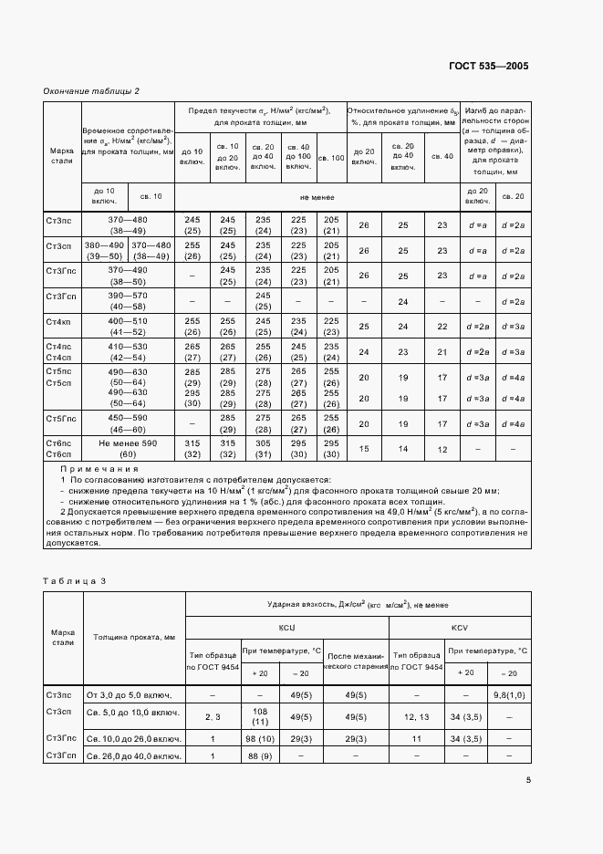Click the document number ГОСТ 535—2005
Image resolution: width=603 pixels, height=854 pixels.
point(489,67)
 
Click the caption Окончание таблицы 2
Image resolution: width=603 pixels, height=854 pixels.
point(91,91)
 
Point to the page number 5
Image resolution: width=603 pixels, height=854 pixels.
point(528,779)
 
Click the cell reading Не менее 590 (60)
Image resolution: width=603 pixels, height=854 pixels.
point(128,448)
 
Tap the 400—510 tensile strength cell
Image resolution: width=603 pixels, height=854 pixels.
point(128,326)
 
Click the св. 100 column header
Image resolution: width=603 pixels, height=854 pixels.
point(331,158)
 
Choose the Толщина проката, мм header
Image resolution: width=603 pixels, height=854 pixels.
point(133,637)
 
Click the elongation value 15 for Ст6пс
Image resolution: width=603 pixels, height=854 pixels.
point(364,448)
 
